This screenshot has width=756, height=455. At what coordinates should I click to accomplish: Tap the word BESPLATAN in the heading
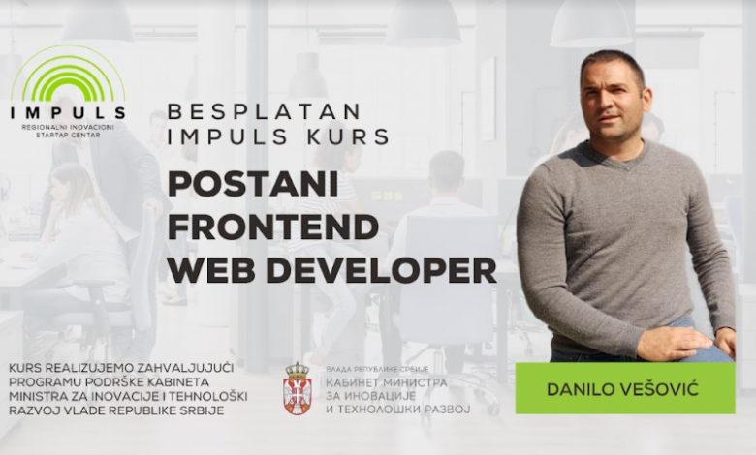pyautogui.click(x=265, y=111)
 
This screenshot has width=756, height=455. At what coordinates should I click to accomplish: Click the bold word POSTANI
pyautogui.click(x=253, y=184)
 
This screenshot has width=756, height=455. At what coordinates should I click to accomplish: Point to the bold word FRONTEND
pyautogui.click(x=273, y=227)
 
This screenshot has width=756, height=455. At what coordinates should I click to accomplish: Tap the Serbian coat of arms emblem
pyautogui.click(x=297, y=388)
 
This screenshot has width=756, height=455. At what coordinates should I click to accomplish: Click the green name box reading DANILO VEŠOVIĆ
pyautogui.click(x=625, y=388)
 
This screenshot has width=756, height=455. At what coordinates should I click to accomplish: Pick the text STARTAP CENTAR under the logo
pyautogui.click(x=68, y=135)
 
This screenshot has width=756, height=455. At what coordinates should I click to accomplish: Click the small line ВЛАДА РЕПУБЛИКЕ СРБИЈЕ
pyautogui.click(x=377, y=369)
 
